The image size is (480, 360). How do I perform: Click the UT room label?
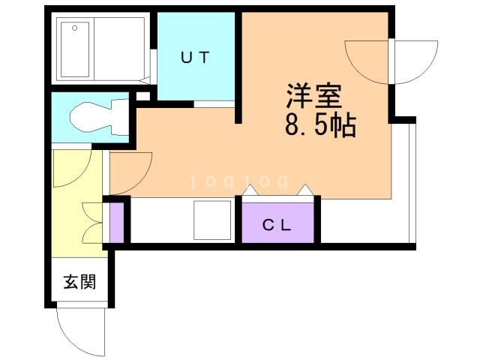point(195,57)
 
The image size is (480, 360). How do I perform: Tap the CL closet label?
point(277,226)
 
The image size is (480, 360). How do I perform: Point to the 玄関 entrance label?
point(79,282)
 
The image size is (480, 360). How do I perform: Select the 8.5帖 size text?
point(320,124)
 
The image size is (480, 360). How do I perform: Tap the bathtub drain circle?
point(75,28)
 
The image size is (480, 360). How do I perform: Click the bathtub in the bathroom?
point(75,49)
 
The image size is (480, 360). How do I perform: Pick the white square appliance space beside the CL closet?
point(212,220)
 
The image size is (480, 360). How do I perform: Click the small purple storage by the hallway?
point(117,223)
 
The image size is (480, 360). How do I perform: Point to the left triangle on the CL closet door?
point(250,190)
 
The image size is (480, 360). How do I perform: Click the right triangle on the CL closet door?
point(305,190)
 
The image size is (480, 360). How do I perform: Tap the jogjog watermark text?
point(239,180)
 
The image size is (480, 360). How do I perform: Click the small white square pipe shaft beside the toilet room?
point(143,97)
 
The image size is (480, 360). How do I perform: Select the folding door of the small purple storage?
point(92,223)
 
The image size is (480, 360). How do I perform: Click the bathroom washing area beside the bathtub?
point(119,49)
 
